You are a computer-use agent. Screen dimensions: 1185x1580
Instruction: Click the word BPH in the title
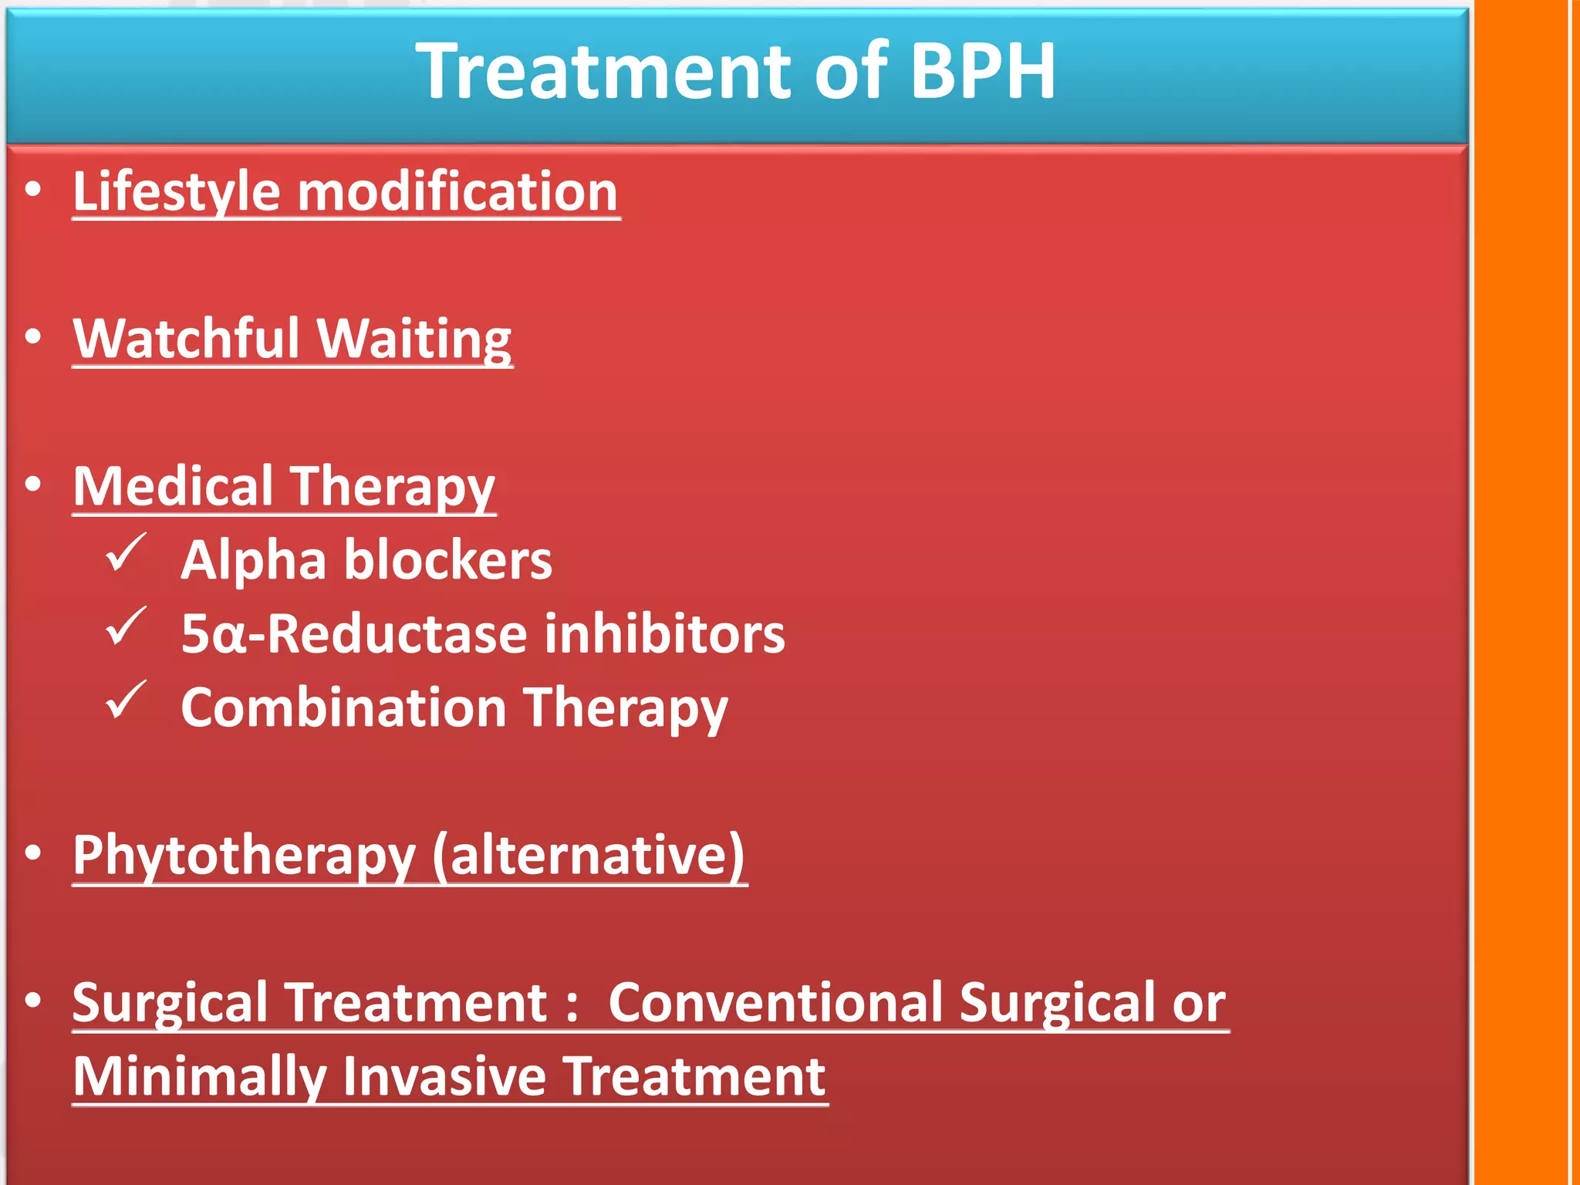[982, 71]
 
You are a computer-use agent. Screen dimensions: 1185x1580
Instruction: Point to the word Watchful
[186, 339]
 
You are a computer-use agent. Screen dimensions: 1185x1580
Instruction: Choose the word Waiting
[414, 339]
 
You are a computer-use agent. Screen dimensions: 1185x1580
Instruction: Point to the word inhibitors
[664, 634]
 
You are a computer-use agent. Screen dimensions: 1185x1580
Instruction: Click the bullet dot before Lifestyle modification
[32, 189]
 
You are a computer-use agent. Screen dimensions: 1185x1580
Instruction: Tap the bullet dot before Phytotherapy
[32, 852]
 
